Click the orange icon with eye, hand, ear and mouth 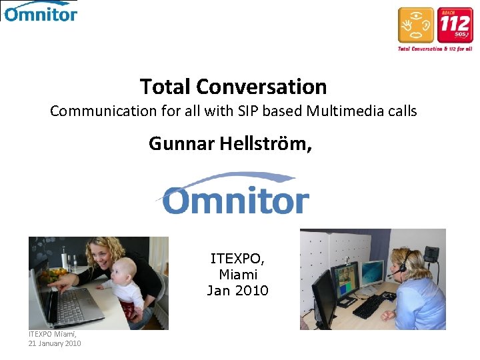pos(416,26)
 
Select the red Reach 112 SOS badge pos(455,26)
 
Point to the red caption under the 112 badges pos(435,49)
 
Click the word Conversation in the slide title pos(261,87)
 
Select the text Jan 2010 pos(237,291)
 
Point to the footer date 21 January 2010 pos(55,343)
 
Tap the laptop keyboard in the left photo pos(73,307)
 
